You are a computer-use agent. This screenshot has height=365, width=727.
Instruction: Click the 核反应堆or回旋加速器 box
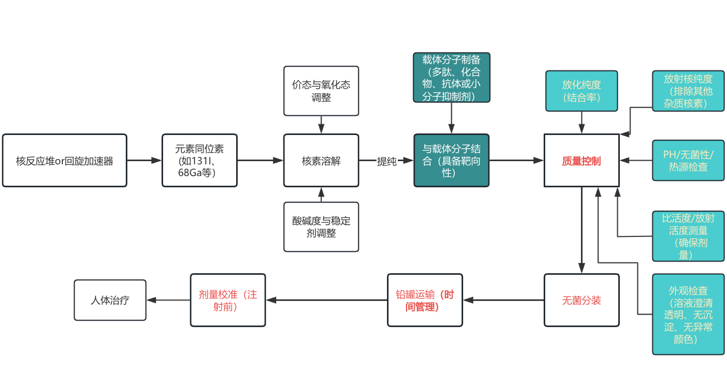64,160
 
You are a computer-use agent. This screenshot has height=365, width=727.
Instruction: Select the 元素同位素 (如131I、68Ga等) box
199,160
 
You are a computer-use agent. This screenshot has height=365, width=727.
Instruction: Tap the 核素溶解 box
321,160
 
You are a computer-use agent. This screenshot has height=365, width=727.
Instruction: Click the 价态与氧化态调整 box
321,91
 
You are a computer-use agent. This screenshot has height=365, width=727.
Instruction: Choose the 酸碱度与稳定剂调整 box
321,227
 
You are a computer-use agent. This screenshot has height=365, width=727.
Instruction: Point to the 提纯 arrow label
386,161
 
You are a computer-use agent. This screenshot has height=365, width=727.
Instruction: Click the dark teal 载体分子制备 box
451,77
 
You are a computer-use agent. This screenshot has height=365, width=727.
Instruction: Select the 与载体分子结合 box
451,160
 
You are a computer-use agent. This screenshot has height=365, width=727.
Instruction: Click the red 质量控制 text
581,161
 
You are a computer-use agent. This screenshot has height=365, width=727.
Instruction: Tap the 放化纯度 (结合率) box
581,91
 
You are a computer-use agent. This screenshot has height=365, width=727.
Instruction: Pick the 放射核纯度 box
688,91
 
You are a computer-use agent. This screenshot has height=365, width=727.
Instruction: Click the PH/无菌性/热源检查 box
688,160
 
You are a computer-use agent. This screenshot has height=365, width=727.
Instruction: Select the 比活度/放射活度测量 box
688,236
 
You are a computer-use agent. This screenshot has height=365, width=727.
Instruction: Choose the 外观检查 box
688,314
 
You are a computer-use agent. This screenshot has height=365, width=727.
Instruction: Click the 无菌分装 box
581,300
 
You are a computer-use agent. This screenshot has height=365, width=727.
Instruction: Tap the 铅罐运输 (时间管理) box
425,300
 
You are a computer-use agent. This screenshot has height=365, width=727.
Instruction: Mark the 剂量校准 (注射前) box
228,300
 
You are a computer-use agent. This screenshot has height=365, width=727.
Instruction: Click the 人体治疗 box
110,300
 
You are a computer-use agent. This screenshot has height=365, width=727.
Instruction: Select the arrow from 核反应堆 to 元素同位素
144,160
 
